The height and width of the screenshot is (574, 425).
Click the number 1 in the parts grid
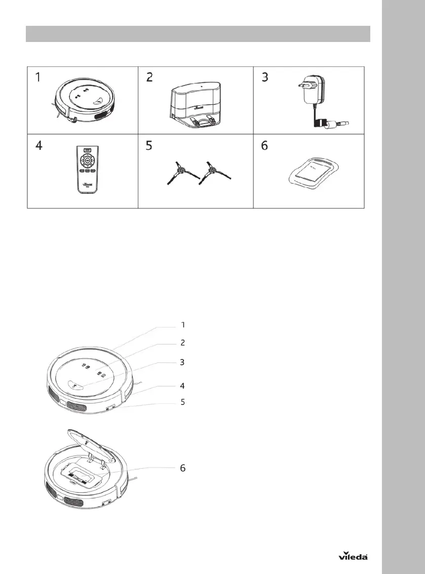(x=38, y=78)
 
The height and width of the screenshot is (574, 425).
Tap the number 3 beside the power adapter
(x=264, y=78)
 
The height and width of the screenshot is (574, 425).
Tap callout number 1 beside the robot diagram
(x=183, y=324)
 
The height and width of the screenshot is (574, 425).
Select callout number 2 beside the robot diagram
(x=183, y=343)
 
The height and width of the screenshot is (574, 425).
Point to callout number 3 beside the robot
(x=183, y=362)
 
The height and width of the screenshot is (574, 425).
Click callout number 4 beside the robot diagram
(x=183, y=385)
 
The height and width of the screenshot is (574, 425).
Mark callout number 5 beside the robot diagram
(x=183, y=402)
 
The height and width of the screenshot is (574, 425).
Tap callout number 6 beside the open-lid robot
(x=183, y=468)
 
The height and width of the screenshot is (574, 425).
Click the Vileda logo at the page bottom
(x=353, y=556)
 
